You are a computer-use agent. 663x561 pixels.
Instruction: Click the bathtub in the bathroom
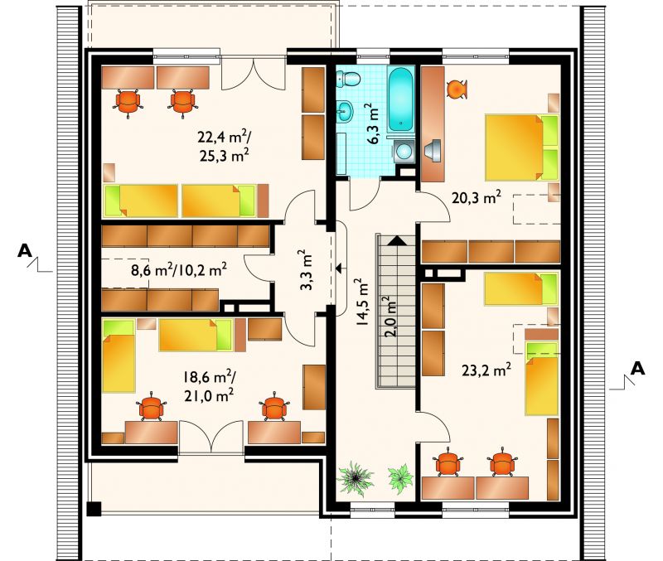click(400, 99)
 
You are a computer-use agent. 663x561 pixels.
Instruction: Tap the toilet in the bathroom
click(348, 78)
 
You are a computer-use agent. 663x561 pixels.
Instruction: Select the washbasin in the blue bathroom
click(345, 111)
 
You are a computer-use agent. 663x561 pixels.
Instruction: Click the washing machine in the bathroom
click(404, 151)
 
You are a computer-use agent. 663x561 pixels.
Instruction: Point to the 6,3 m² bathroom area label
click(371, 123)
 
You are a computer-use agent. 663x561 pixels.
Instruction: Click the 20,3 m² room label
click(477, 197)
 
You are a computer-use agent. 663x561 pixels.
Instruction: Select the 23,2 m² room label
click(486, 370)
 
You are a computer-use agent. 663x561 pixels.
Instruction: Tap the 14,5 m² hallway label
click(362, 302)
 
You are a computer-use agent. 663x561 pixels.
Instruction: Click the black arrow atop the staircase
click(397, 240)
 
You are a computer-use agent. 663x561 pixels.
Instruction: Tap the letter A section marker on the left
click(25, 251)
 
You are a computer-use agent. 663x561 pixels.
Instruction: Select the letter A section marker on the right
click(637, 368)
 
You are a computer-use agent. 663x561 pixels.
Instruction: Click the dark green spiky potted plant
click(356, 478)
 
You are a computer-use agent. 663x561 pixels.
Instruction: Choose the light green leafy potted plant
click(400, 476)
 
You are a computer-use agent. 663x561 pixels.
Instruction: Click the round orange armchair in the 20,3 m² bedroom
click(457, 89)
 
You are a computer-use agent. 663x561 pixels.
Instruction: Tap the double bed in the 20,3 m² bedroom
click(522, 148)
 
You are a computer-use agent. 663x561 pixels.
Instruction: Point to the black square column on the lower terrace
click(94, 509)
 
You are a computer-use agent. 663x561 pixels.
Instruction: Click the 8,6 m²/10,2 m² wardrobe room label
click(179, 269)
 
